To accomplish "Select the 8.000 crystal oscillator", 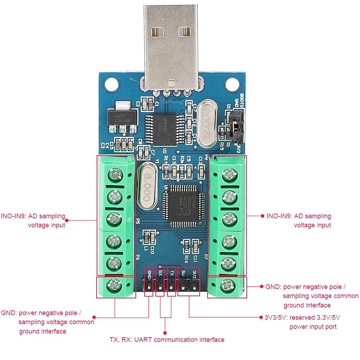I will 147,185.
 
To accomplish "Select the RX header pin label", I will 160,273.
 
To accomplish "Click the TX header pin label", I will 172,273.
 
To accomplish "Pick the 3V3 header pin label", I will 194,273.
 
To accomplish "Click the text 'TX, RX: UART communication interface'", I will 167,340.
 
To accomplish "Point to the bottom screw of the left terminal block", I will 114,284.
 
